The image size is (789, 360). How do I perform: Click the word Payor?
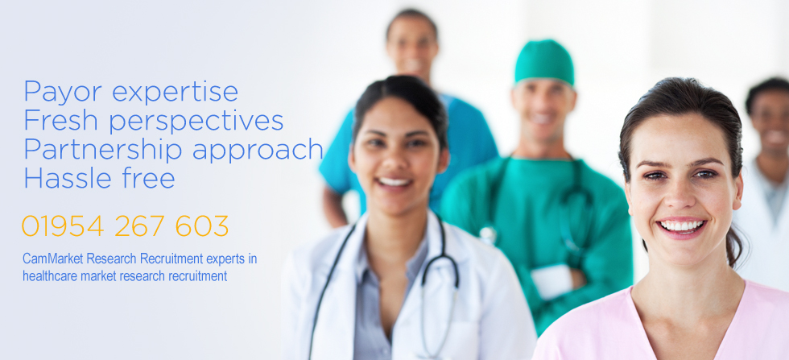(x=63, y=93)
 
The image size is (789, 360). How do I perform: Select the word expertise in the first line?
(x=176, y=93)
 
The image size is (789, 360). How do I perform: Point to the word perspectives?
(x=196, y=122)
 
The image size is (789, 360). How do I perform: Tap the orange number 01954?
(x=63, y=226)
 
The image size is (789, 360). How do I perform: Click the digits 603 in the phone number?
(x=202, y=226)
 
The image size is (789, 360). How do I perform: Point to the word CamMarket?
(x=53, y=259)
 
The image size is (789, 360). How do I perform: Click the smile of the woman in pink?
(x=682, y=226)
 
